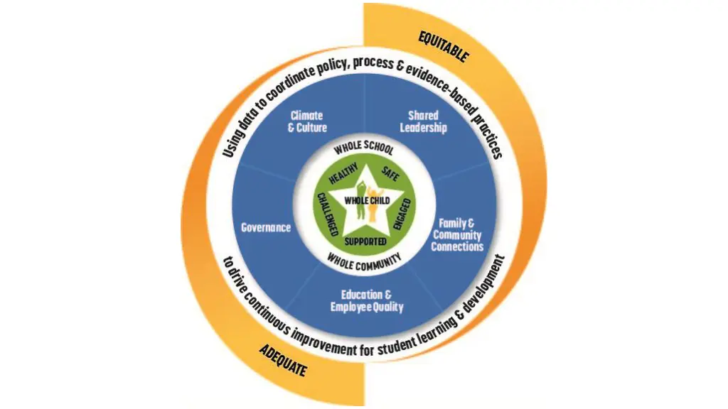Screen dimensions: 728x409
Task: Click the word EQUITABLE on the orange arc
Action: pos(443,45)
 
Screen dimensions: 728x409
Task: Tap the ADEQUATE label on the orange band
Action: pos(283,361)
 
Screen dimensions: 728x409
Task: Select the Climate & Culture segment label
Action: pos(307,121)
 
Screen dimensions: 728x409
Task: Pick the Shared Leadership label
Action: pos(423,121)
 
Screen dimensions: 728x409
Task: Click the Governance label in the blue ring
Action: pos(266,228)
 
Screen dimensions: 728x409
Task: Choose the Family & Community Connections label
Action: pos(457,235)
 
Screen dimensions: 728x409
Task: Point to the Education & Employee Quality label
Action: pos(366,301)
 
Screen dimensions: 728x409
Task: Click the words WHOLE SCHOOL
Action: pos(364,147)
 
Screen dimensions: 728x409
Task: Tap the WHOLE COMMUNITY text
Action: pos(364,260)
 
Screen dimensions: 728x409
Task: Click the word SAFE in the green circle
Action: pos(390,173)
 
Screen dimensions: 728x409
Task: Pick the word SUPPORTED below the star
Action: pos(365,241)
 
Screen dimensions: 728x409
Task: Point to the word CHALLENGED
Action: pos(326,214)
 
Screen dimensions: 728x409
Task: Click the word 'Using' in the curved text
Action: pos(232,143)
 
